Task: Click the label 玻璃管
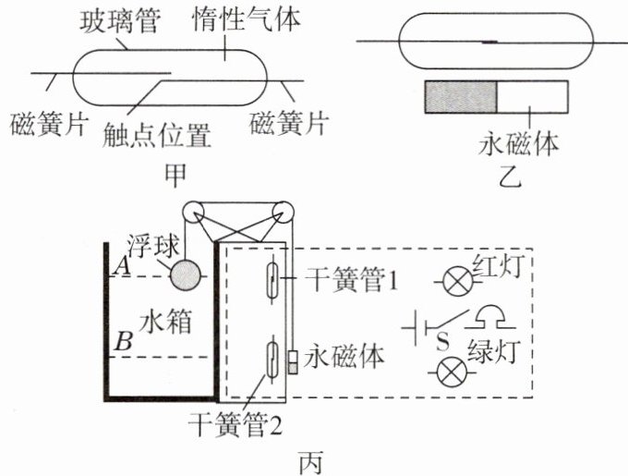(x=120, y=21)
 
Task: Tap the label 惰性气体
(x=247, y=19)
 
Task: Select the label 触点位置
(x=157, y=135)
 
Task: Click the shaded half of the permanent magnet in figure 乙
(x=461, y=97)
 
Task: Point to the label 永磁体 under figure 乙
(x=518, y=144)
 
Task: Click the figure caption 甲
(x=175, y=176)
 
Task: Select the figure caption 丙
(x=311, y=463)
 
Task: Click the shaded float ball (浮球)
(x=186, y=275)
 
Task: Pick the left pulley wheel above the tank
(x=193, y=211)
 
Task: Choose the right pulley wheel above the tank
(x=283, y=211)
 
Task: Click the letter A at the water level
(x=122, y=266)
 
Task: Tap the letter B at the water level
(x=124, y=343)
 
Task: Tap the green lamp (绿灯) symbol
(x=452, y=372)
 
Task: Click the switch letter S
(x=442, y=343)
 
